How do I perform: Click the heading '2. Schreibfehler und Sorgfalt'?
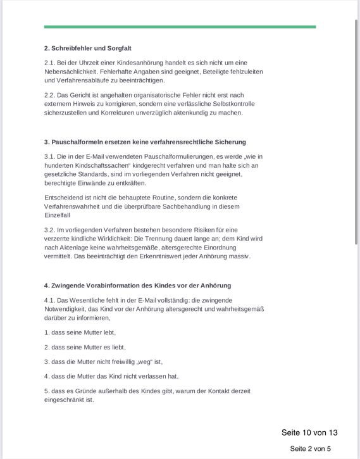[87, 48]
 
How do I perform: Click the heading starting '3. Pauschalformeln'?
[145, 142]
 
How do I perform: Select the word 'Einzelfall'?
[58, 215]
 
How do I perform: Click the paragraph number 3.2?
[50, 230]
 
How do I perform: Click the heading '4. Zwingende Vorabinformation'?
[137, 286]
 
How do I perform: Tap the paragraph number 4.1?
[50, 300]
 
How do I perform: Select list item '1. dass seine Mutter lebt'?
[80, 332]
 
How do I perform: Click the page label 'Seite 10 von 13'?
[309, 432]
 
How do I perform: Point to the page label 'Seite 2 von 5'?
[310, 449]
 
